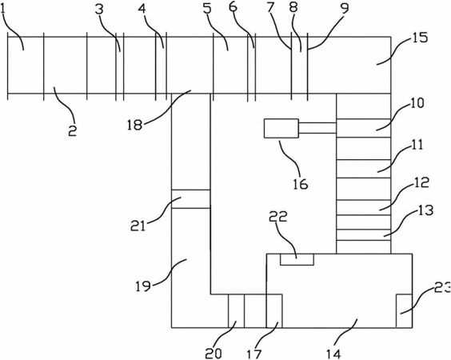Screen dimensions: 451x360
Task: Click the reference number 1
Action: click(3, 10)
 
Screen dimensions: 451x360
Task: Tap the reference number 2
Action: click(72, 131)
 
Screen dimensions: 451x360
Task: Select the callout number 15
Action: click(421, 38)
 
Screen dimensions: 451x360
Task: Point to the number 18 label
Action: click(134, 125)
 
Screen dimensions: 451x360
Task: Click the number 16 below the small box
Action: click(301, 183)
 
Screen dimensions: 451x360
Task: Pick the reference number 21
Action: click(138, 226)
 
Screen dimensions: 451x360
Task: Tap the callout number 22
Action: click(277, 217)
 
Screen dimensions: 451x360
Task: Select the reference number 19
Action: click(143, 286)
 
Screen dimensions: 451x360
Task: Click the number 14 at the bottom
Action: click(333, 354)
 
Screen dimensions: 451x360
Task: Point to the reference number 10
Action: click(417, 102)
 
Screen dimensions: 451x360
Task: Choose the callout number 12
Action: click(421, 182)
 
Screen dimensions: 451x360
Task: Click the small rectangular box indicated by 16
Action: click(281, 128)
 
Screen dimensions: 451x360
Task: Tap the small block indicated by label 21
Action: click(190, 199)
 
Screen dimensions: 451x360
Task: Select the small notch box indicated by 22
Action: click(297, 259)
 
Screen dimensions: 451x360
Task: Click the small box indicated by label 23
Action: click(404, 310)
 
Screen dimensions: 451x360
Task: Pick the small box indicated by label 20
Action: click(236, 310)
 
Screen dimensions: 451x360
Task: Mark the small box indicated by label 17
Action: click(274, 310)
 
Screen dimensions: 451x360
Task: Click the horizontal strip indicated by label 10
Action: click(364, 128)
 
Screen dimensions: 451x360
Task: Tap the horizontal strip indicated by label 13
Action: click(364, 235)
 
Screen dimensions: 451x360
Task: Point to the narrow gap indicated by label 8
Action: click(299, 65)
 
